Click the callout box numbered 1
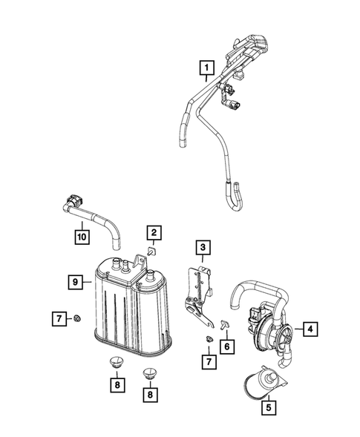click(x=205, y=72)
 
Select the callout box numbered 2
click(x=153, y=235)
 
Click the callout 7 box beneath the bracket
click(x=210, y=361)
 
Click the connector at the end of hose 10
click(x=75, y=200)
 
